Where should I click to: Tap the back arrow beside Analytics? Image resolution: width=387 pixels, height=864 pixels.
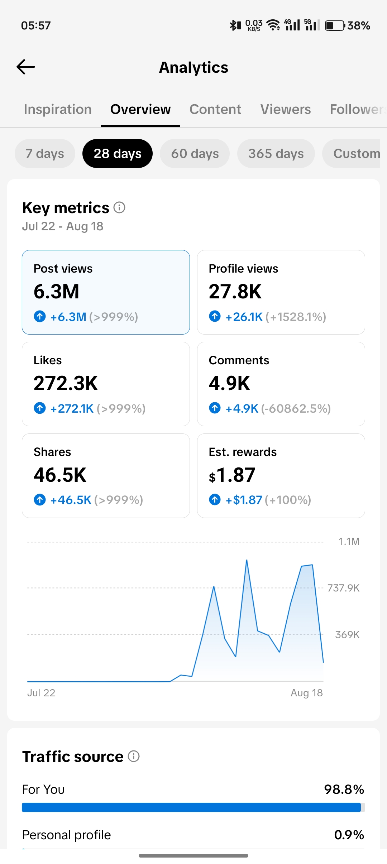click(26, 67)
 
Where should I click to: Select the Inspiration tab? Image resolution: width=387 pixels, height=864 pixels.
click(58, 109)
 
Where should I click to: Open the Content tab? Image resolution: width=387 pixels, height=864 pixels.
click(215, 109)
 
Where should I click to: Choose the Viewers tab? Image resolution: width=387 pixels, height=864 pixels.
click(286, 109)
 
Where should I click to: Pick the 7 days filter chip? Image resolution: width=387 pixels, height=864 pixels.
click(45, 153)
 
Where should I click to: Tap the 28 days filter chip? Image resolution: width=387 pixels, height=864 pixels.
click(118, 153)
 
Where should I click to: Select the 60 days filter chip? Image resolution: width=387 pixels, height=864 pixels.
click(195, 153)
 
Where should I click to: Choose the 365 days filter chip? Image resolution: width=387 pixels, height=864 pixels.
click(276, 153)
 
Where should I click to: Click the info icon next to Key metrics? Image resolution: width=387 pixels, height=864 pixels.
click(119, 207)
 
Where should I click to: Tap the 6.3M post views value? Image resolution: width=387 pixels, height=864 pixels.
click(56, 291)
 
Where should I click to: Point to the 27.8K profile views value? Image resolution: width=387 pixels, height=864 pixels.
click(235, 291)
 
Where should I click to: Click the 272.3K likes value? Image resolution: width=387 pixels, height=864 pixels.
click(66, 383)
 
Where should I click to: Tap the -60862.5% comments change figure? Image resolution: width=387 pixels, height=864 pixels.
click(296, 408)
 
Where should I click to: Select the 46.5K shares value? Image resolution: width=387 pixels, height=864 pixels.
click(60, 475)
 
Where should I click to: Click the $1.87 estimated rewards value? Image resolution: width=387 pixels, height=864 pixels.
click(232, 475)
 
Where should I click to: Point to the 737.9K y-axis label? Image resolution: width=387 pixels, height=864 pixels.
click(343, 588)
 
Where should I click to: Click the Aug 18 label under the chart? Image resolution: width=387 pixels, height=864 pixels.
click(307, 693)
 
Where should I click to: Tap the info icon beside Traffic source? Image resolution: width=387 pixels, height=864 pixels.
click(134, 756)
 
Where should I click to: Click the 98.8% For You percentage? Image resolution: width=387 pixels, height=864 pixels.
click(344, 789)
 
